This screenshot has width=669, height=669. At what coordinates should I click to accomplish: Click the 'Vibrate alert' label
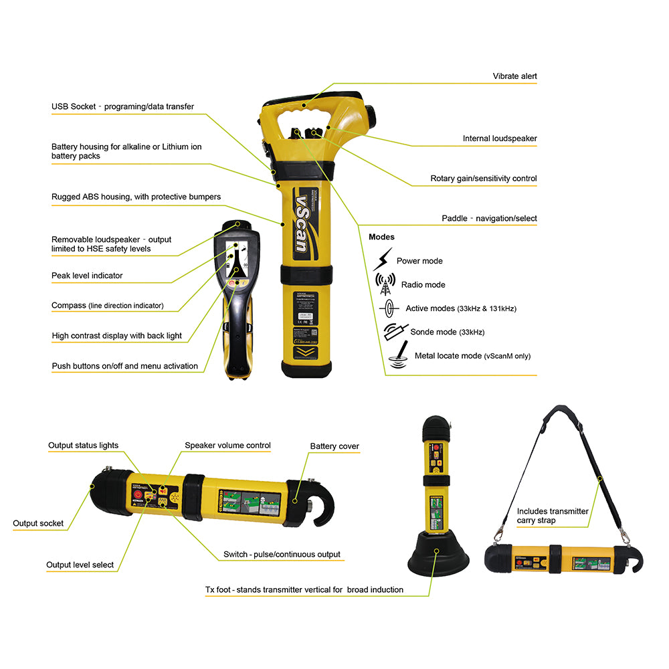point(514,76)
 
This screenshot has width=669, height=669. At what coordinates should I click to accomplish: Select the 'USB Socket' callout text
point(122,106)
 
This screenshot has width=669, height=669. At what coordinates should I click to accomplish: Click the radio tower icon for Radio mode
point(385,284)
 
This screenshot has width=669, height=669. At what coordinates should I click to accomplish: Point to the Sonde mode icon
point(395,330)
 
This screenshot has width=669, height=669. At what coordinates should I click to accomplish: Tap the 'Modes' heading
point(381,237)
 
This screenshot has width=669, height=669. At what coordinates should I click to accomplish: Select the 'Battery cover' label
point(334,446)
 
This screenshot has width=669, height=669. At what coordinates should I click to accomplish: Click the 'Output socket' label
point(38,523)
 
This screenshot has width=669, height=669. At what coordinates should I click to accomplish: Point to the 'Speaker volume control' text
point(227,446)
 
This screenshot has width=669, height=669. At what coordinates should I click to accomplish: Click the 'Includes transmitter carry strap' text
point(552,515)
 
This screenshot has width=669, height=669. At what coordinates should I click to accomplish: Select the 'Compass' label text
point(107,306)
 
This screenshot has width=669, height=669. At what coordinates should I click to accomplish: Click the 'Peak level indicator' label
point(87,276)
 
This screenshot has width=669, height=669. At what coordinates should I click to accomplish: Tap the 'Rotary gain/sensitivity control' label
point(483,179)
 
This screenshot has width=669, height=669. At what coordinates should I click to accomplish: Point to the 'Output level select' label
point(80,565)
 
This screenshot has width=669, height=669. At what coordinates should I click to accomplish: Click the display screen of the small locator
point(235,261)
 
